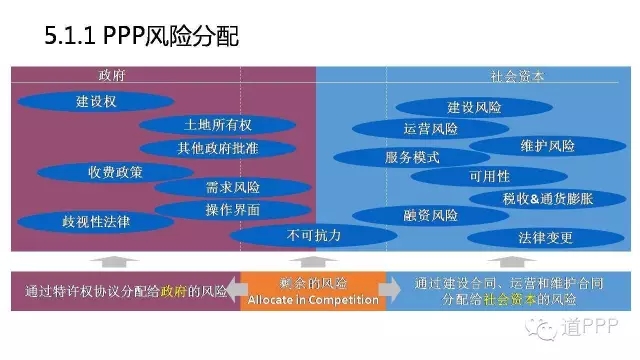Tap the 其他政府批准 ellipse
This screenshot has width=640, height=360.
pyautogui.click(x=217, y=148)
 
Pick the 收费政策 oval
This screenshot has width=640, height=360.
pyautogui.click(x=114, y=171)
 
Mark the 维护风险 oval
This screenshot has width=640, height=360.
pyautogui.click(x=547, y=146)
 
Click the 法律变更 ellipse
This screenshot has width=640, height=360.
pyautogui.click(x=545, y=238)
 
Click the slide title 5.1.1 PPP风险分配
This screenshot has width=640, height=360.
pyautogui.click(x=140, y=35)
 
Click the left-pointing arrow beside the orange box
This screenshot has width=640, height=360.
pyautogui.click(x=237, y=291)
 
